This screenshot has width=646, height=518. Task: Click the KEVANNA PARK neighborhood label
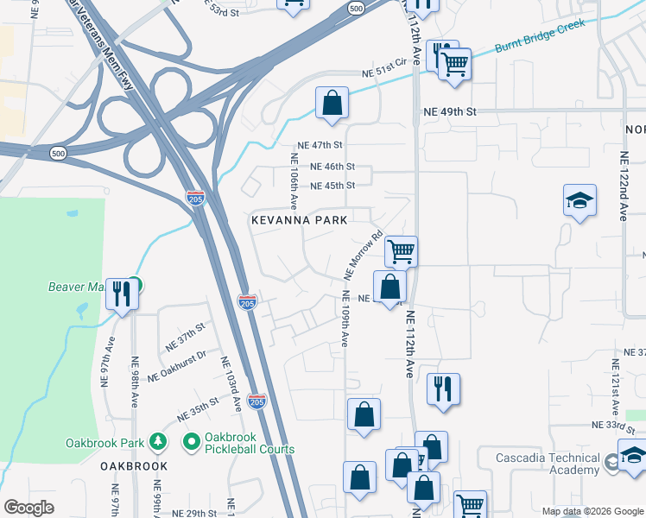(299, 220)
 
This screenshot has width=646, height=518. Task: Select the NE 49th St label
(450, 112)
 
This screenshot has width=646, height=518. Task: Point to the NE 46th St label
(332, 166)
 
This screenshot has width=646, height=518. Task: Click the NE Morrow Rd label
(363, 255)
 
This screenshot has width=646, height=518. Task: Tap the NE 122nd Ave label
(624, 186)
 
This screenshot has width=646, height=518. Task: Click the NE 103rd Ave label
(233, 385)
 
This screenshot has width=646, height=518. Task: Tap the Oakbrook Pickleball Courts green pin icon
(190, 442)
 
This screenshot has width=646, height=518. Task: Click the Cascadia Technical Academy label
(548, 464)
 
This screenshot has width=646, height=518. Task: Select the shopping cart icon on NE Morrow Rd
(401, 251)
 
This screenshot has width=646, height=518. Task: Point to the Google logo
(28, 508)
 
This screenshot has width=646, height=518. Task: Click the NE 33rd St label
(614, 425)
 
